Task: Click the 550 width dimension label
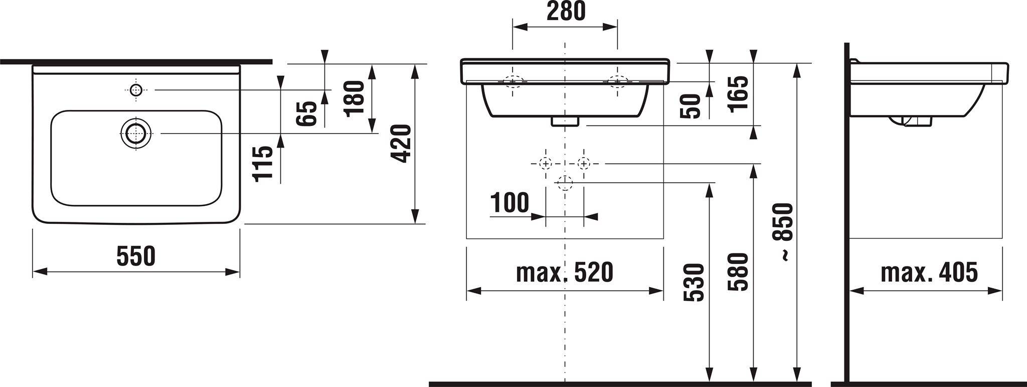(x=136, y=256)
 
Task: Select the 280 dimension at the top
(x=566, y=11)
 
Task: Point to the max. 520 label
(x=565, y=273)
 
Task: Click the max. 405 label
(x=929, y=273)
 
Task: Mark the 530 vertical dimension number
(x=694, y=282)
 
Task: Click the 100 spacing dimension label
(x=509, y=203)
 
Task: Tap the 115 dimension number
(x=263, y=164)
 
